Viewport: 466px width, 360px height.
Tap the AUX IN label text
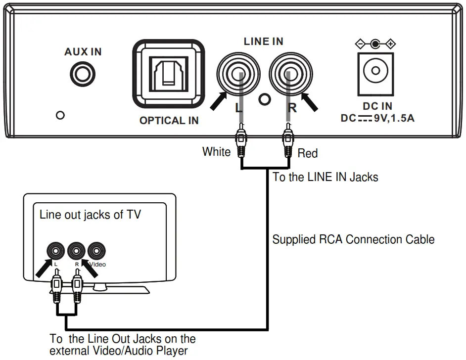[83, 52]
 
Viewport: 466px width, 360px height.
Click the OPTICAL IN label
[169, 120]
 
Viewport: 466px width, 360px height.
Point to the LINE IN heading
[264, 42]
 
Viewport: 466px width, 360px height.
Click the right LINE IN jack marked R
[289, 74]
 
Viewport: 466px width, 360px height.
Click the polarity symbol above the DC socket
[375, 45]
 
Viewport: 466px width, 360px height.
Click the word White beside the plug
[216, 152]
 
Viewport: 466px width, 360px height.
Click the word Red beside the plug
[307, 153]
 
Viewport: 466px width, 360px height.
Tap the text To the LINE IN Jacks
[326, 177]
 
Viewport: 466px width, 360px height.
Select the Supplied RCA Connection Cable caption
[353, 240]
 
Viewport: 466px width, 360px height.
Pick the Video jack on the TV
[96, 251]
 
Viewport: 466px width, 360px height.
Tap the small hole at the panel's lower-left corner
[60, 115]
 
